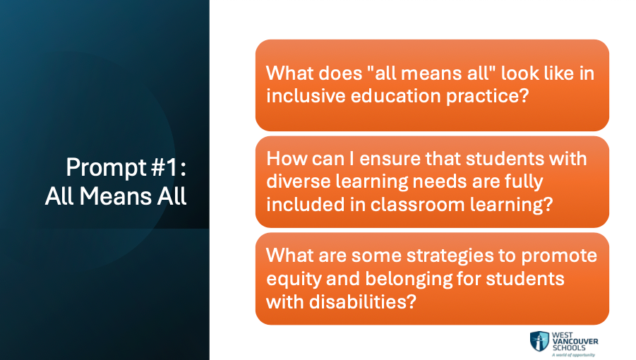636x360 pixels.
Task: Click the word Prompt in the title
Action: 107,168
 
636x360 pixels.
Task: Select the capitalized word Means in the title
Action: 116,196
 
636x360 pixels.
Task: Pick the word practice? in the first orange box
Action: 488,97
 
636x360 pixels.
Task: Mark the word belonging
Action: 409,280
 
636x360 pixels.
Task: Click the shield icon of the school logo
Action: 539,342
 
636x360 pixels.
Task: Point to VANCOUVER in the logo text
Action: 575,342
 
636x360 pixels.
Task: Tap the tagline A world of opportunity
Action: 573,355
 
